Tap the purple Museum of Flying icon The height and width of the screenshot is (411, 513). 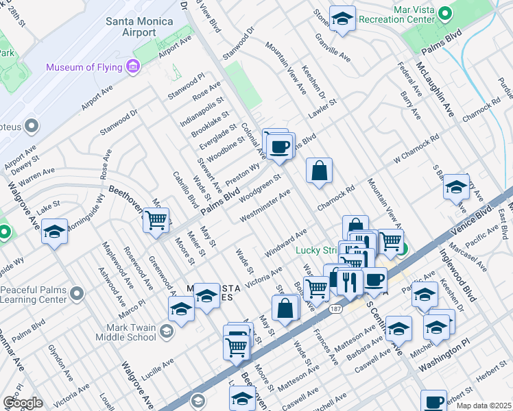coord(133,67)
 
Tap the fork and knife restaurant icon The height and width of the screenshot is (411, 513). coord(350,281)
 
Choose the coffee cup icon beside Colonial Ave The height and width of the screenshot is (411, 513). coord(279,147)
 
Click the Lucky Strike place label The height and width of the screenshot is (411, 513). coord(316,250)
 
